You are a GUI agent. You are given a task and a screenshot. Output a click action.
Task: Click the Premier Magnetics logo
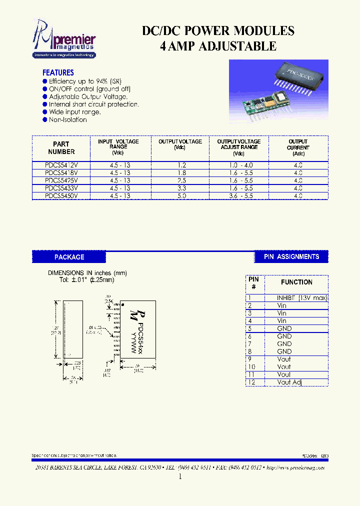click(63, 38)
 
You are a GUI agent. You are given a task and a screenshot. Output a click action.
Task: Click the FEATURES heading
click(58, 72)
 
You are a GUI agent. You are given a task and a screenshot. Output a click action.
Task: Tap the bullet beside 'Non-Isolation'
click(45, 119)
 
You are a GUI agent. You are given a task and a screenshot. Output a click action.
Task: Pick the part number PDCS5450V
click(61, 196)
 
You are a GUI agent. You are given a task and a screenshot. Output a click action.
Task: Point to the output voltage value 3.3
click(180, 188)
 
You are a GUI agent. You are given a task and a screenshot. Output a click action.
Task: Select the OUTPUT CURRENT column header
click(298, 147)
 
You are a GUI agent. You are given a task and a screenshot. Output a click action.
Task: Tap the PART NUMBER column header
click(61, 148)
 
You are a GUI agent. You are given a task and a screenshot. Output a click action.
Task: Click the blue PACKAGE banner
click(69, 257)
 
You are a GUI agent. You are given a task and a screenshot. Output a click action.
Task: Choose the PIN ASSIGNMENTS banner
click(291, 256)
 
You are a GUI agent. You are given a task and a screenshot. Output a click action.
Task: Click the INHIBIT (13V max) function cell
click(301, 298)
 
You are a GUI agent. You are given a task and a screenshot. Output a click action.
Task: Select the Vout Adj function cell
click(289, 382)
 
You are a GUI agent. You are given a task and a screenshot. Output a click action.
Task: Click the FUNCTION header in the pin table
click(296, 282)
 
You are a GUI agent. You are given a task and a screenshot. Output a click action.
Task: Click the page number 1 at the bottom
click(180, 476)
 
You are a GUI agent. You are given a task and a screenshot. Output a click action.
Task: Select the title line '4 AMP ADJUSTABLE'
click(218, 46)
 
